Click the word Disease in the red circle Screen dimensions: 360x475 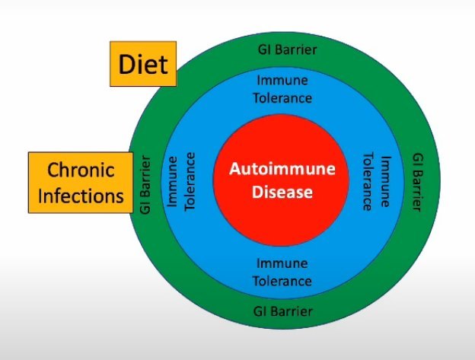(283, 192)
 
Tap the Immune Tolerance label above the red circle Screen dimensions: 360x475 (283, 89)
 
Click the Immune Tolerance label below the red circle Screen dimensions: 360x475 (282, 272)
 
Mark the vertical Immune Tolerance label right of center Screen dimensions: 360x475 (378, 180)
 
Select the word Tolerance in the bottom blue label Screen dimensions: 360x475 (282, 281)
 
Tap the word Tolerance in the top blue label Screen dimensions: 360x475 (283, 97)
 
